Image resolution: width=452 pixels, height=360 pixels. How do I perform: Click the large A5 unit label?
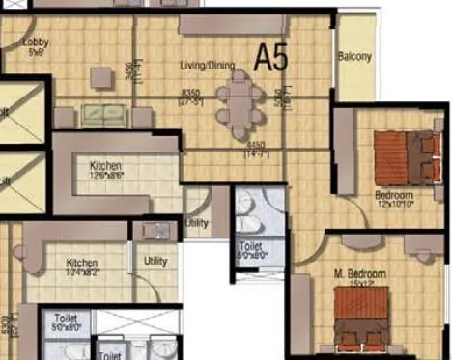click(x=271, y=59)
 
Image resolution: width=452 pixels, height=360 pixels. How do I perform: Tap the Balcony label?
click(x=355, y=57)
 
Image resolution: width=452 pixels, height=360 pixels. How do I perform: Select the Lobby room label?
click(x=36, y=42)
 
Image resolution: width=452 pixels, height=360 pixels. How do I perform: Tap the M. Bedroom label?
click(x=353, y=275)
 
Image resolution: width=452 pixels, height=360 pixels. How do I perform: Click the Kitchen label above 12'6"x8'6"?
click(x=105, y=165)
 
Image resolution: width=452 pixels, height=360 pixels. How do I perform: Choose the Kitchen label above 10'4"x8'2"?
click(x=82, y=262)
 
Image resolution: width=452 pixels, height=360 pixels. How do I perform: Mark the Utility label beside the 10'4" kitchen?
click(x=155, y=261)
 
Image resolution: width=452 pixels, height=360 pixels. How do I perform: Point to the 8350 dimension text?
click(x=191, y=92)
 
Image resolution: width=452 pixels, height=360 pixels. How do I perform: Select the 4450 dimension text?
click(x=255, y=146)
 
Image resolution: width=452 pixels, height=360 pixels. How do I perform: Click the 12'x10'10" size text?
click(x=395, y=204)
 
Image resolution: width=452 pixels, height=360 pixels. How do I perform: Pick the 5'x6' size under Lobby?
click(x=37, y=52)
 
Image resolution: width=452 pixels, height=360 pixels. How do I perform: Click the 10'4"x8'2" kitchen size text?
click(x=83, y=272)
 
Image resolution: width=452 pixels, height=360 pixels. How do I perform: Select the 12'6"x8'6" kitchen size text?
click(x=105, y=175)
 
